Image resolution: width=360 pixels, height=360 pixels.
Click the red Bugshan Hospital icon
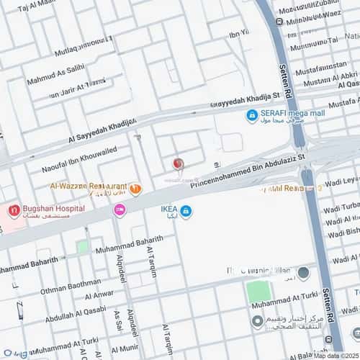point(14,211)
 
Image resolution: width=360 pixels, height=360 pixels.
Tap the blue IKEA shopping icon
point(186,211)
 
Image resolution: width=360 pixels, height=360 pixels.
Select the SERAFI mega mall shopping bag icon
point(252,115)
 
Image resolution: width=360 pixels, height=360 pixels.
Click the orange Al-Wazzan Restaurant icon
point(135,189)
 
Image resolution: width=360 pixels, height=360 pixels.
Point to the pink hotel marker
point(120,210)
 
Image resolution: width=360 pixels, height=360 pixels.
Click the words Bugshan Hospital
point(53,208)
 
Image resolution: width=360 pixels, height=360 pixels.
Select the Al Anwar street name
point(99,295)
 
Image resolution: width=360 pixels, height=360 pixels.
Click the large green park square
point(258,292)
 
